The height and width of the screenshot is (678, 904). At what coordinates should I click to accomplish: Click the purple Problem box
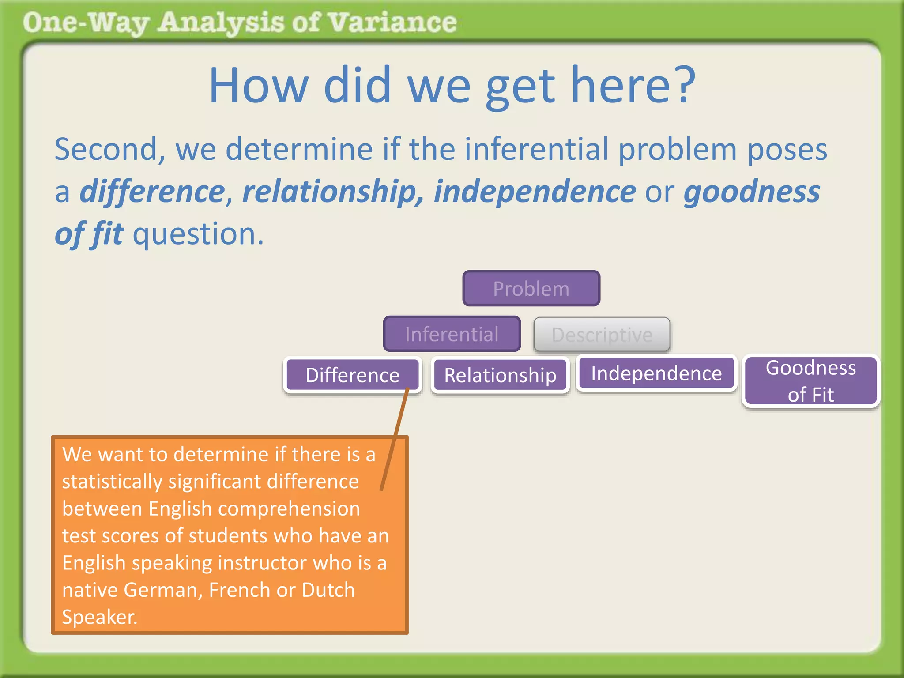pyautogui.click(x=531, y=289)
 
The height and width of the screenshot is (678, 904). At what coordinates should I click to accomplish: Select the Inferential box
pyautogui.click(x=452, y=334)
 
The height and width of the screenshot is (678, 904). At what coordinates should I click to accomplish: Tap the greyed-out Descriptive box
pyautogui.click(x=602, y=335)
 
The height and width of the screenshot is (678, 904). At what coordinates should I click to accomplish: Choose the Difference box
pyautogui.click(x=352, y=375)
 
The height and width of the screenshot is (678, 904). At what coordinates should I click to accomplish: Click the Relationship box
pyautogui.click(x=500, y=375)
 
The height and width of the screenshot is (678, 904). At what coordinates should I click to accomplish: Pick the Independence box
pyautogui.click(x=656, y=373)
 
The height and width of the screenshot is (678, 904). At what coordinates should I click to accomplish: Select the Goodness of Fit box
pyautogui.click(x=810, y=381)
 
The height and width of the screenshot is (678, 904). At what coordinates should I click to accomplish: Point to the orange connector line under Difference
pyautogui.click(x=394, y=439)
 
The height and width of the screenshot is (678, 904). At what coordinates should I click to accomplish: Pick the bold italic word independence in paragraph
pyautogui.click(x=535, y=192)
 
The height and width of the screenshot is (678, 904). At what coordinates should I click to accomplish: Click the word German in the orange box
pyautogui.click(x=162, y=590)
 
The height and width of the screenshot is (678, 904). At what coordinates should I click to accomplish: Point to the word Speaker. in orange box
pyautogui.click(x=100, y=617)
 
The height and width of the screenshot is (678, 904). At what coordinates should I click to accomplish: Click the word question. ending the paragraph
pyautogui.click(x=198, y=234)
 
